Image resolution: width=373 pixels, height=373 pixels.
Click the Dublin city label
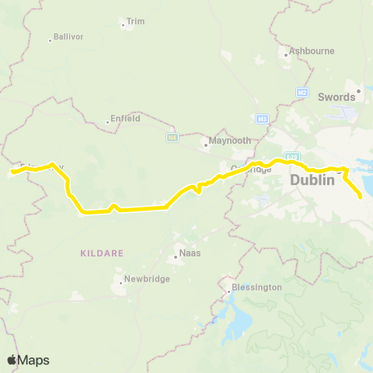[312, 180]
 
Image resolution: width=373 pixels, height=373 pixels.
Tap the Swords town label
[336, 97]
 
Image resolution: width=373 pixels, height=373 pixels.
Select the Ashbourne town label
[312, 51]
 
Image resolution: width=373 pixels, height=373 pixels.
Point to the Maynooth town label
[225, 142]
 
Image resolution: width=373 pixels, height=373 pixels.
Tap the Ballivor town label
[68, 37]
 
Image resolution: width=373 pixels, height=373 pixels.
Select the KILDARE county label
[97, 253]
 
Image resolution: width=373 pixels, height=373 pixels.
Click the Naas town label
[190, 253]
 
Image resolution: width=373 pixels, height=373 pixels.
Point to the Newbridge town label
[146, 279]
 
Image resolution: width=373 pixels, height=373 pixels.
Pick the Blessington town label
[257, 287]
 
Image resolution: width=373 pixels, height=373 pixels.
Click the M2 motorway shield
[302, 92]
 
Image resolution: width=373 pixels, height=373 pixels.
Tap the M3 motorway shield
[262, 118]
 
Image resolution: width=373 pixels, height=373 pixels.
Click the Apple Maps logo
[28, 359]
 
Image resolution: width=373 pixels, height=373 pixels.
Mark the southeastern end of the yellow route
[361, 198]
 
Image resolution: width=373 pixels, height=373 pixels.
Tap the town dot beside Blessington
[228, 294]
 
